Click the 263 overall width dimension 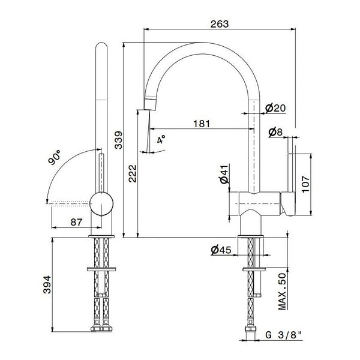tap(220, 24)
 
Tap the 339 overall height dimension tap(118, 140)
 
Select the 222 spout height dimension tap(133, 173)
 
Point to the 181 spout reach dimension tap(202, 124)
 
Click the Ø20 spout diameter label tap(275, 108)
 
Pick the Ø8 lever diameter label tap(275, 132)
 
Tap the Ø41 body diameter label tap(224, 174)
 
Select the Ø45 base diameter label tap(221, 250)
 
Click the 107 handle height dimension tap(305, 184)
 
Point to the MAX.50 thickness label tap(282, 292)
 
